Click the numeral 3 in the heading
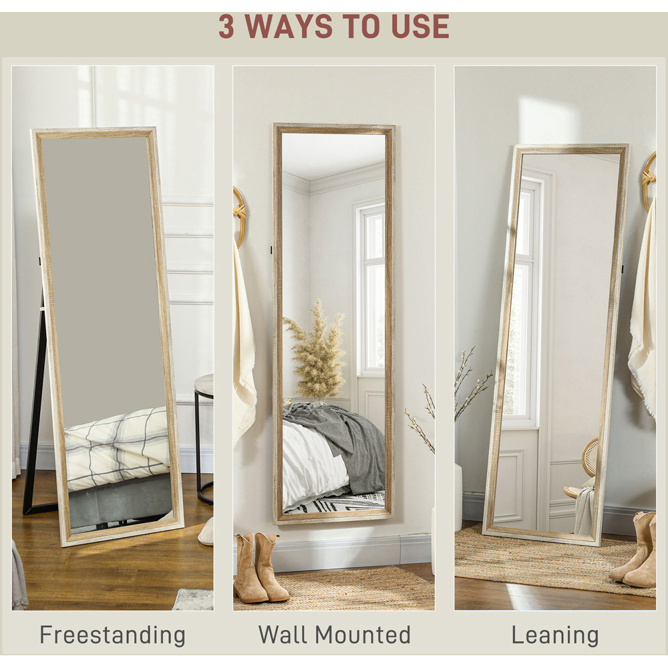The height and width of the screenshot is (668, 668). click(226, 27)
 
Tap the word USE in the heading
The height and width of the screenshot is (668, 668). click(420, 27)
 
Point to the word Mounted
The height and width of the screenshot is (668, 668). click(365, 635)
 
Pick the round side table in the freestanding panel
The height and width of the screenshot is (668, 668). click(204, 439)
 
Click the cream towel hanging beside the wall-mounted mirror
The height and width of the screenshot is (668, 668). click(243, 341)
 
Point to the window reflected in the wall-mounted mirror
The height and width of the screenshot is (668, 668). click(370, 290)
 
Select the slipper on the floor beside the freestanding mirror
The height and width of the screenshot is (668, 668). click(207, 532)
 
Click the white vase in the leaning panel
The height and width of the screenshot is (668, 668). click(458, 496)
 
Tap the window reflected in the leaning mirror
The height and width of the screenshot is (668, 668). click(522, 298)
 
